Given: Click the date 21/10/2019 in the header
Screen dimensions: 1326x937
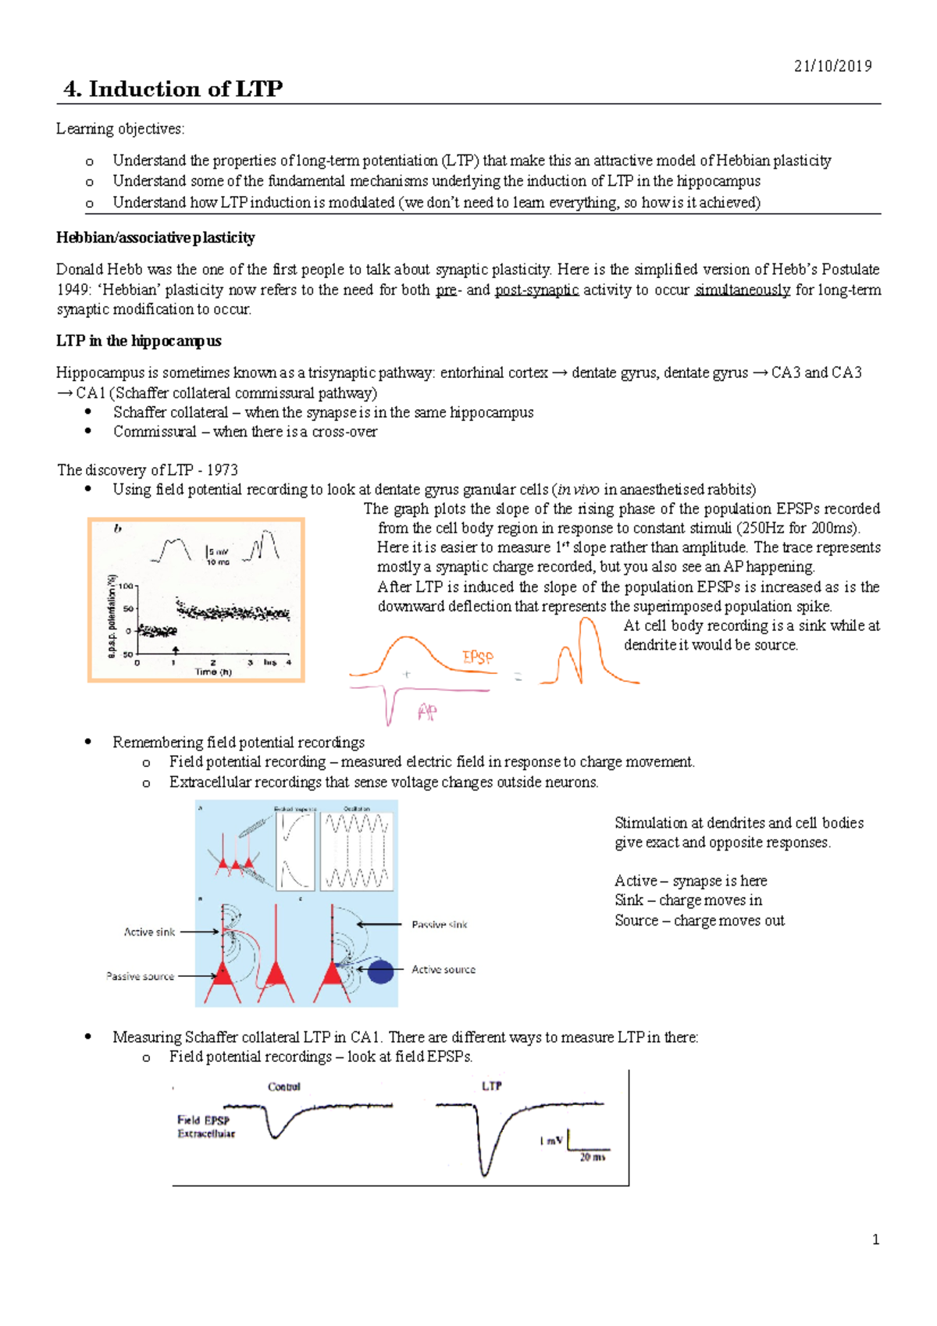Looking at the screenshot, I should (x=832, y=66).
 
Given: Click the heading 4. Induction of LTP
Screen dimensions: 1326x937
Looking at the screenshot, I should (x=173, y=89).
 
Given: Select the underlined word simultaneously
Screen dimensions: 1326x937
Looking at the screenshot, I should (x=743, y=290).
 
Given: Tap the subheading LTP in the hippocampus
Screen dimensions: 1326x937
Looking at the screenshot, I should (x=138, y=340).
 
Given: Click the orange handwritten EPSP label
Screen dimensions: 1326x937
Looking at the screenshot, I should (x=478, y=657).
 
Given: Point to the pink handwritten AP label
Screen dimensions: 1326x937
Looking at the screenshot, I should (x=427, y=711).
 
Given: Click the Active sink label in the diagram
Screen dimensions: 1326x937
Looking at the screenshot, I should (x=149, y=932).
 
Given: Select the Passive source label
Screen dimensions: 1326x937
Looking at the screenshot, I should (x=140, y=976).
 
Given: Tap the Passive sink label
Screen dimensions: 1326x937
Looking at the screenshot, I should (x=440, y=925).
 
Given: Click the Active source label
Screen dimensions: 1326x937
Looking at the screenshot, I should (x=443, y=970).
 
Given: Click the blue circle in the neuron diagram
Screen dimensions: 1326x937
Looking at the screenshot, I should (x=380, y=971).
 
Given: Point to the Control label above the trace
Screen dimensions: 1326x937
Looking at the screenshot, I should (x=283, y=1087).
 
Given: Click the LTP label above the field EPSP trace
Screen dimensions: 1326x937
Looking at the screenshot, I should (x=491, y=1086).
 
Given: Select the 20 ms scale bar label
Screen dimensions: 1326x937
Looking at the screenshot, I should (x=592, y=1157).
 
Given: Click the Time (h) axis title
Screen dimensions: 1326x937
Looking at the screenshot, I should (x=212, y=672).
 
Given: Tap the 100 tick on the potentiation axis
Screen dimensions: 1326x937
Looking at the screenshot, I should (x=125, y=584).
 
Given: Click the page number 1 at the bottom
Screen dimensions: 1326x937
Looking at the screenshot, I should (x=875, y=1239).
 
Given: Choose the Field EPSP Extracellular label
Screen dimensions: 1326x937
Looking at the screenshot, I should (x=205, y=1126).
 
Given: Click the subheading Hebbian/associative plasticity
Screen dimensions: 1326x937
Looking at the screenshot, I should (x=155, y=237).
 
